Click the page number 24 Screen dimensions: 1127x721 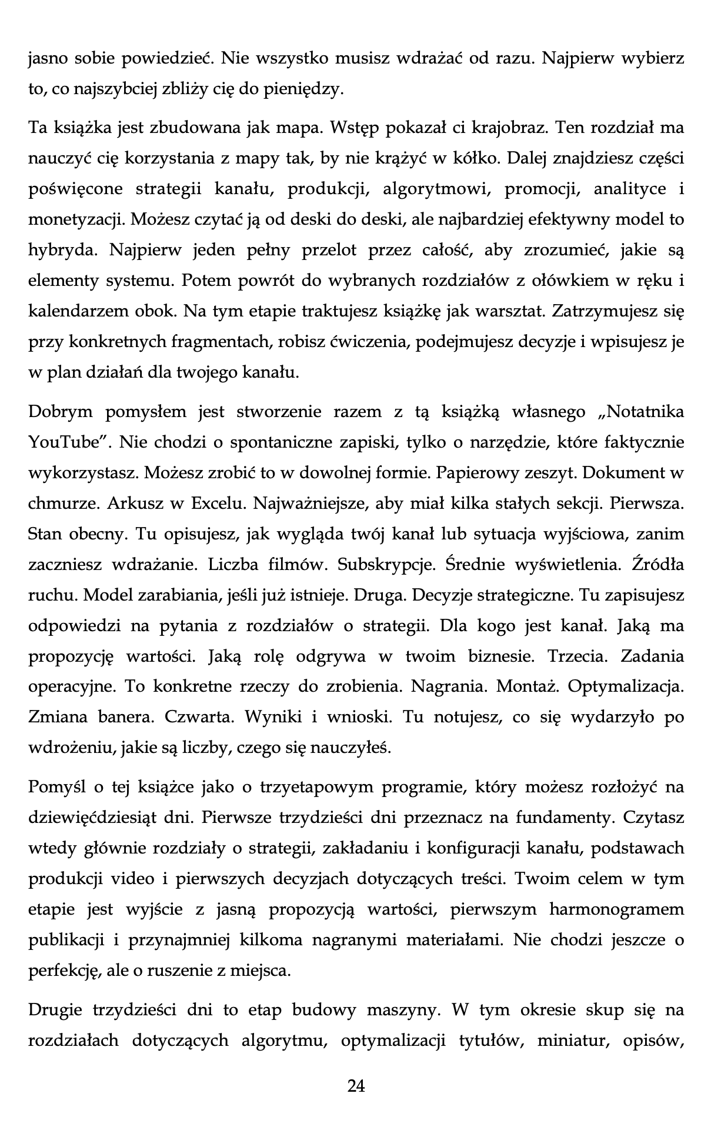(356, 1086)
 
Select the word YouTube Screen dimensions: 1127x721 (63, 442)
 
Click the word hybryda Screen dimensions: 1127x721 (64, 250)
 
